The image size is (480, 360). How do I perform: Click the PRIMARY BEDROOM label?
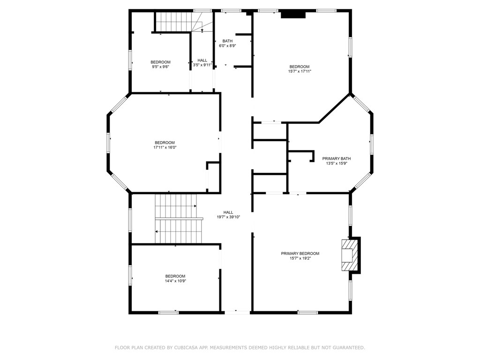pyautogui.click(x=300, y=254)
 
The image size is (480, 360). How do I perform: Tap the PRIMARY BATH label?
pyautogui.click(x=337, y=158)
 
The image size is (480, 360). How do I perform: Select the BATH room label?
pyautogui.click(x=227, y=41)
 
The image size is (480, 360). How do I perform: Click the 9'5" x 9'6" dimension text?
pyautogui.click(x=160, y=67)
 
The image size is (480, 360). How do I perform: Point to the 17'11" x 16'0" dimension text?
pyautogui.click(x=165, y=147)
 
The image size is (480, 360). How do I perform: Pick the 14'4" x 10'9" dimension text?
pyautogui.click(x=175, y=281)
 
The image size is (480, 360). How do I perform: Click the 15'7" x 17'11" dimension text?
pyautogui.click(x=300, y=71)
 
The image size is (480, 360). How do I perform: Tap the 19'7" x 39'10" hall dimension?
pyautogui.click(x=228, y=217)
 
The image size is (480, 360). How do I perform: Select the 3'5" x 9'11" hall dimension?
pyautogui.click(x=202, y=65)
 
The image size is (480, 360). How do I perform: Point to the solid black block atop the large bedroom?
pyautogui.click(x=293, y=15)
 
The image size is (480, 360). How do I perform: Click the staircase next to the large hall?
pyautogui.click(x=179, y=219)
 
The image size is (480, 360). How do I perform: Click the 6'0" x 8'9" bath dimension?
pyautogui.click(x=227, y=46)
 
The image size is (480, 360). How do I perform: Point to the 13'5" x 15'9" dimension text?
pyautogui.click(x=337, y=164)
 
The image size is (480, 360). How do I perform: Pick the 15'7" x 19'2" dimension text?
pyautogui.click(x=300, y=258)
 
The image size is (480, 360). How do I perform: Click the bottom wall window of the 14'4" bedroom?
pyautogui.click(x=168, y=313)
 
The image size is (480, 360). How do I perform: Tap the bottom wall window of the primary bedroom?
pyautogui.click(x=307, y=313)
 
